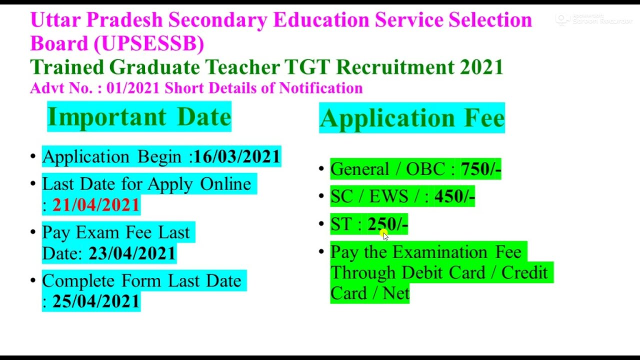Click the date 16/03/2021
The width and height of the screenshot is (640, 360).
[x=237, y=157]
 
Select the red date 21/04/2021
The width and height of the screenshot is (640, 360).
[x=96, y=205]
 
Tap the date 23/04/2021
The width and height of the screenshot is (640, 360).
[x=132, y=253]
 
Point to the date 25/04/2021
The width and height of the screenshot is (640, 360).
[x=96, y=301]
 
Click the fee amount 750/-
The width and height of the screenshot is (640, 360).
[x=480, y=169]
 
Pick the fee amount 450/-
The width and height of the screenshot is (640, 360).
[x=454, y=197]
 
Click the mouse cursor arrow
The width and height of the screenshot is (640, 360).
[x=385, y=236]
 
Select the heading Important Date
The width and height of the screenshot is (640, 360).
[x=139, y=117]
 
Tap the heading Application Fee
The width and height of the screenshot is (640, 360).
[x=412, y=118]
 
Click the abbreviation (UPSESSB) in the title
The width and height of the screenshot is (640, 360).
[x=148, y=44]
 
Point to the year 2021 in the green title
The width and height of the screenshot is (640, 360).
[x=481, y=67]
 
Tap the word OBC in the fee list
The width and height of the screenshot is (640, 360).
[x=424, y=169]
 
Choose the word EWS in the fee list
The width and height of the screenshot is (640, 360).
[x=389, y=197]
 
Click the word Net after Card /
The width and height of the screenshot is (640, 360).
[x=396, y=293]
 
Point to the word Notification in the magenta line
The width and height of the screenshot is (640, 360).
[x=320, y=88]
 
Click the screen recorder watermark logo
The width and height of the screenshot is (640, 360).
[x=563, y=19]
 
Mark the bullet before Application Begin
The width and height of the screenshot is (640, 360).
[x=33, y=157]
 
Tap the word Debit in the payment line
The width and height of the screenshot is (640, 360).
[x=423, y=273]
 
